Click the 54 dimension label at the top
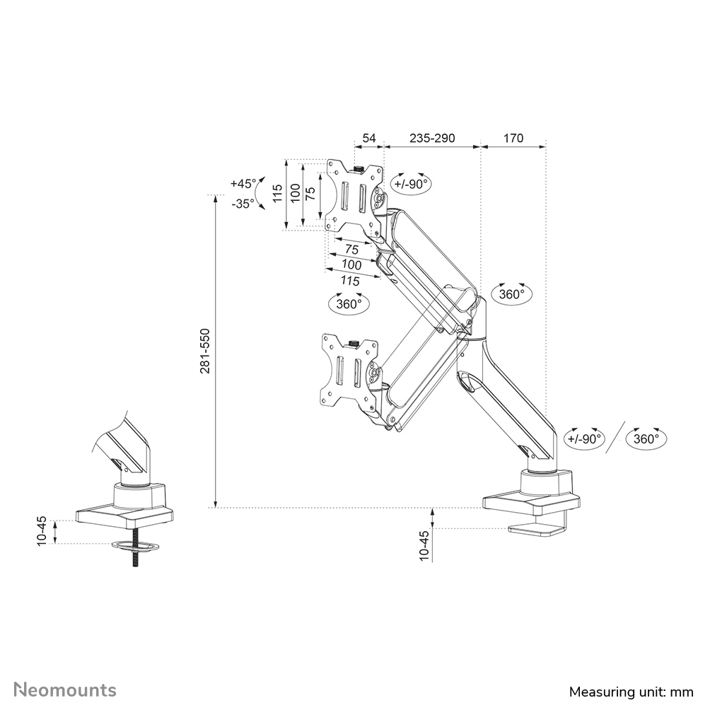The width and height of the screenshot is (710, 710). tap(368, 138)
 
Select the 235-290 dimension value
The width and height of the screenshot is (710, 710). tap(432, 138)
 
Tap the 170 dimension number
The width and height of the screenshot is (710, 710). tap(513, 138)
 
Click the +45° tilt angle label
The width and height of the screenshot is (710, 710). tap(243, 183)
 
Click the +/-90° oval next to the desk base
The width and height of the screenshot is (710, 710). tap(584, 438)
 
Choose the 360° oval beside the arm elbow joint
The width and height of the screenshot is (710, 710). tap(511, 294)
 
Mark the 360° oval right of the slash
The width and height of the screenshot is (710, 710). tap(646, 438)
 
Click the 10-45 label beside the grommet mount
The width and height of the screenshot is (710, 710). tap(42, 530)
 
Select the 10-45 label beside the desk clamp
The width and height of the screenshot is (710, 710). tap(424, 545)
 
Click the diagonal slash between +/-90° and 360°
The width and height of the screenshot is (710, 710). tap(616, 438)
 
